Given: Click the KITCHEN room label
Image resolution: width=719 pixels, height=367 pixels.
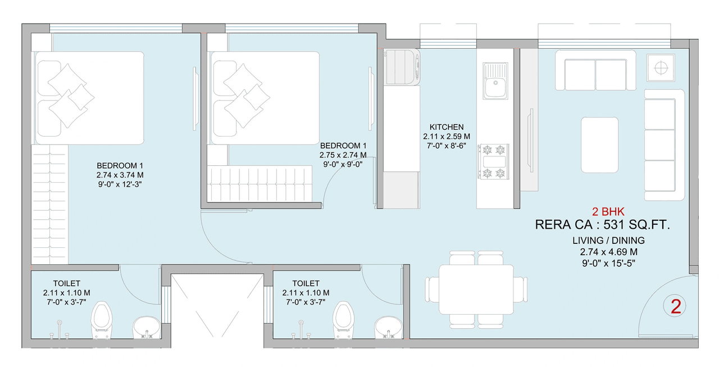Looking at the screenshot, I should pos(447,127).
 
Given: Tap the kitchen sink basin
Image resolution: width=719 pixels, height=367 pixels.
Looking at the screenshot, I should pos(495,89).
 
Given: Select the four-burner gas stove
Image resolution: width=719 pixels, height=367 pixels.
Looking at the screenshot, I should pos(493,160).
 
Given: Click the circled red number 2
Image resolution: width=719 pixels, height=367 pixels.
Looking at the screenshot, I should pos(676,306).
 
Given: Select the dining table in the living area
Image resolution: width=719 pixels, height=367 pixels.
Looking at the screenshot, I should pos(476,290).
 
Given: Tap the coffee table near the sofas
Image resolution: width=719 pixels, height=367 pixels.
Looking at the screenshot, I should pos(599,144).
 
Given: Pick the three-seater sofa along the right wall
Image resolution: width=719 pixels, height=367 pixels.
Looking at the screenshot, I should pos(664,144).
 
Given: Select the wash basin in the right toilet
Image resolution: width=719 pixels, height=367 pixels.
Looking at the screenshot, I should pos(388,327).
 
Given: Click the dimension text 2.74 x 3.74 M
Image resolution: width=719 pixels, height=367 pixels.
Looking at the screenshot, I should pos(120,175).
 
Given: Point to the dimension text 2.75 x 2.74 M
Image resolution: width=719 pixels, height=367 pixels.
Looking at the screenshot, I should pos(343,155).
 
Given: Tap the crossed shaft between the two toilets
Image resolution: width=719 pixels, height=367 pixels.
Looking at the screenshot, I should pos(217,307).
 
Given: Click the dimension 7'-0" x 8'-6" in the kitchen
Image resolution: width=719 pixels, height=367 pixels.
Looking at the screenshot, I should pos(447,145).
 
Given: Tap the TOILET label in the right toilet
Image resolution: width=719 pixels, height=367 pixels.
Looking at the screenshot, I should pos(306,283).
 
